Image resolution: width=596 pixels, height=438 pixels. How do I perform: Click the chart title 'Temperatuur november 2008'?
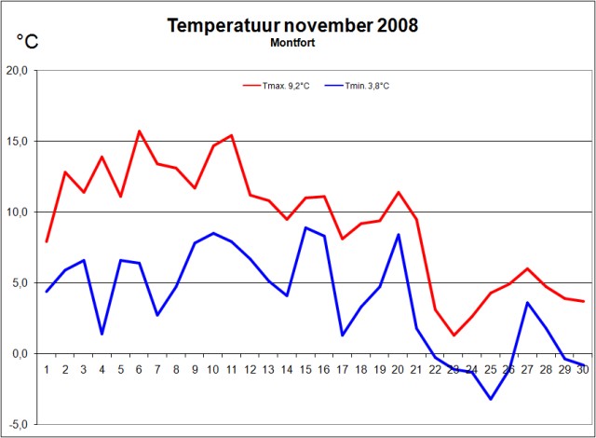tap(292, 25)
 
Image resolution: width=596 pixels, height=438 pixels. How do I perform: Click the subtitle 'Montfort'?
tap(293, 43)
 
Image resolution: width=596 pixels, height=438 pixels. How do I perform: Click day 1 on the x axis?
tap(47, 370)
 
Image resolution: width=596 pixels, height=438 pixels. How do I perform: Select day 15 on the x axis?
tap(306, 370)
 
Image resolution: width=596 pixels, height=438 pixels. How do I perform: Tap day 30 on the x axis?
tap(584, 370)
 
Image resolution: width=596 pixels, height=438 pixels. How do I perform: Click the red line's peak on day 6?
tap(140, 131)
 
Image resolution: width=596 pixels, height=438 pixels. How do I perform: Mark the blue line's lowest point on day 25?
tap(491, 399)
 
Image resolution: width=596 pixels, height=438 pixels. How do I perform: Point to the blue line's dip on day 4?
tap(102, 334)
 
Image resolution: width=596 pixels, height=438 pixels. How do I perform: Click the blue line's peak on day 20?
tap(399, 235)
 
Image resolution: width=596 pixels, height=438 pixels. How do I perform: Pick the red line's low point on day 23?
tap(454, 335)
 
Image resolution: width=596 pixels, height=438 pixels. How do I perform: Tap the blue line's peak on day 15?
tap(306, 227)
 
